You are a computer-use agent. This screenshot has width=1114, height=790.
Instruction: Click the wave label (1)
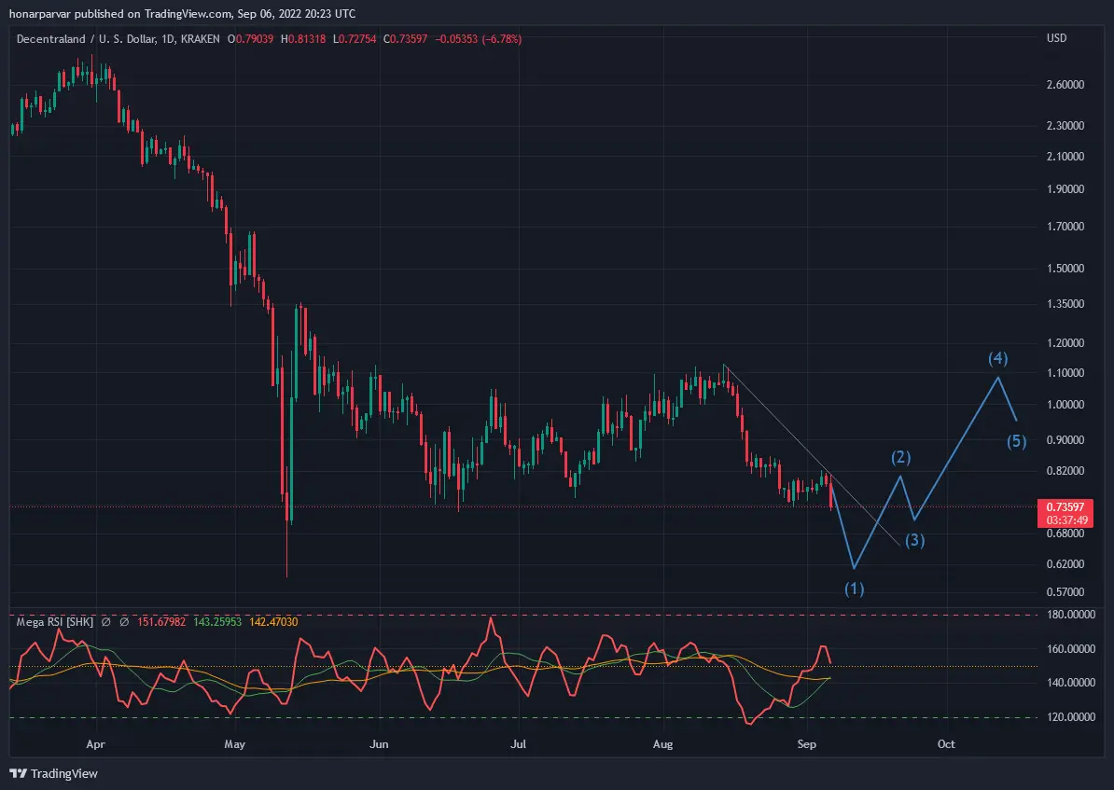click(x=854, y=589)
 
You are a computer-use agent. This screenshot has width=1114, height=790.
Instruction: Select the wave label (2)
click(x=901, y=458)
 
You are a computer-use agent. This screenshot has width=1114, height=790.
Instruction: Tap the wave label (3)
click(x=914, y=541)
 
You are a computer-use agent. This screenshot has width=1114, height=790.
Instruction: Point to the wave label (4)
click(x=998, y=359)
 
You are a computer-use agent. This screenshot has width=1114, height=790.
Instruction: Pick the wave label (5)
click(x=1017, y=442)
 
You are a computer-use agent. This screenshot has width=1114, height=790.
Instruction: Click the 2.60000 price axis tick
click(x=1065, y=85)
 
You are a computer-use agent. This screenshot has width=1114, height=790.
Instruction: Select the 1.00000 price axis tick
click(x=1065, y=405)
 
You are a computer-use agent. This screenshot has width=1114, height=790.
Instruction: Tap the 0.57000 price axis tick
click(x=1065, y=591)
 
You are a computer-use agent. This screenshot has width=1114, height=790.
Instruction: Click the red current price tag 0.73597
click(x=1065, y=506)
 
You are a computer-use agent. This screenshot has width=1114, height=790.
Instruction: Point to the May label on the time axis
click(x=234, y=744)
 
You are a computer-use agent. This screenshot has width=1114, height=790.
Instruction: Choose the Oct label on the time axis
click(x=946, y=744)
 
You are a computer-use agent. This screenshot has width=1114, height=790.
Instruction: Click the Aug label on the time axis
click(x=662, y=744)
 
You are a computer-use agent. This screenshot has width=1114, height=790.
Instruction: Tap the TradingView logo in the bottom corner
click(x=54, y=773)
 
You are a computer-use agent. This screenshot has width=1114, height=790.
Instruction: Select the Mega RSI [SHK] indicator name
click(x=55, y=622)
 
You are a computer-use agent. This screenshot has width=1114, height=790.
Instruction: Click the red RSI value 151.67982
click(x=161, y=622)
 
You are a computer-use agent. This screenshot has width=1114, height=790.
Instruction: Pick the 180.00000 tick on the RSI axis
click(x=1071, y=615)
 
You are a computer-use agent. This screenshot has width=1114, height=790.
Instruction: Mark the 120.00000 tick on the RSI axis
click(x=1071, y=717)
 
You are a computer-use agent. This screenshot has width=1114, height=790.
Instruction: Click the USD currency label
click(x=1056, y=38)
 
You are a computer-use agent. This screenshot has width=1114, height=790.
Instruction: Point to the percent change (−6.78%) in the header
click(x=502, y=39)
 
